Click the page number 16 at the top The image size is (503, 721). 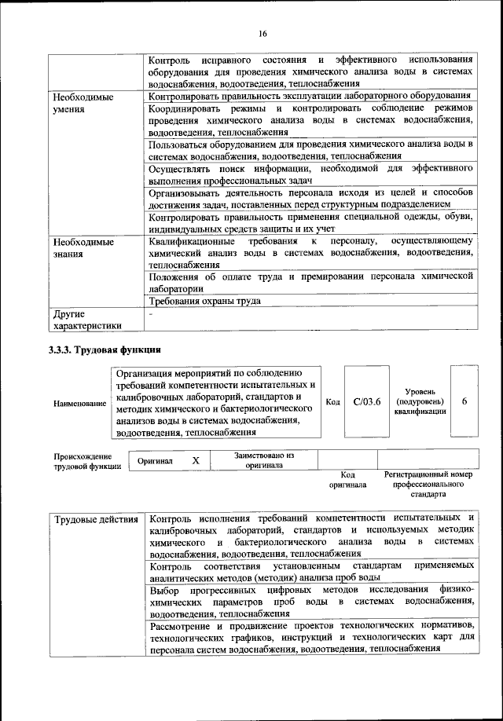pyautogui.click(x=263, y=33)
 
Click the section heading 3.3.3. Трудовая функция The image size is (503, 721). pyautogui.click(x=105, y=350)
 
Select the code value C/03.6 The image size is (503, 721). pyautogui.click(x=367, y=401)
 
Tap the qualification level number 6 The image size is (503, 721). pyautogui.click(x=464, y=401)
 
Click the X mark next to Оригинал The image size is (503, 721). pyautogui.click(x=196, y=461)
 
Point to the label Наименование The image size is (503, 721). pyautogui.click(x=80, y=403)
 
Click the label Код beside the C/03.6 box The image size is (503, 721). pyautogui.click(x=332, y=402)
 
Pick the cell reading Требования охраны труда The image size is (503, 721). pyautogui.click(x=205, y=301)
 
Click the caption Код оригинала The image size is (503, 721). pyautogui.click(x=347, y=480)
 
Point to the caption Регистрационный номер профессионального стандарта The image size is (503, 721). pyautogui.click(x=428, y=485)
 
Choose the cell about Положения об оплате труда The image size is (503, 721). pyautogui.click(x=310, y=282)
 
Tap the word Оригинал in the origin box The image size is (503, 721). pyautogui.click(x=155, y=462)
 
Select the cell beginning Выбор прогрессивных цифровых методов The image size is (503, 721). pyautogui.click(x=310, y=601)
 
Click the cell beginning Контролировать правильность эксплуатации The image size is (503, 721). pyautogui.click(x=310, y=97)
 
